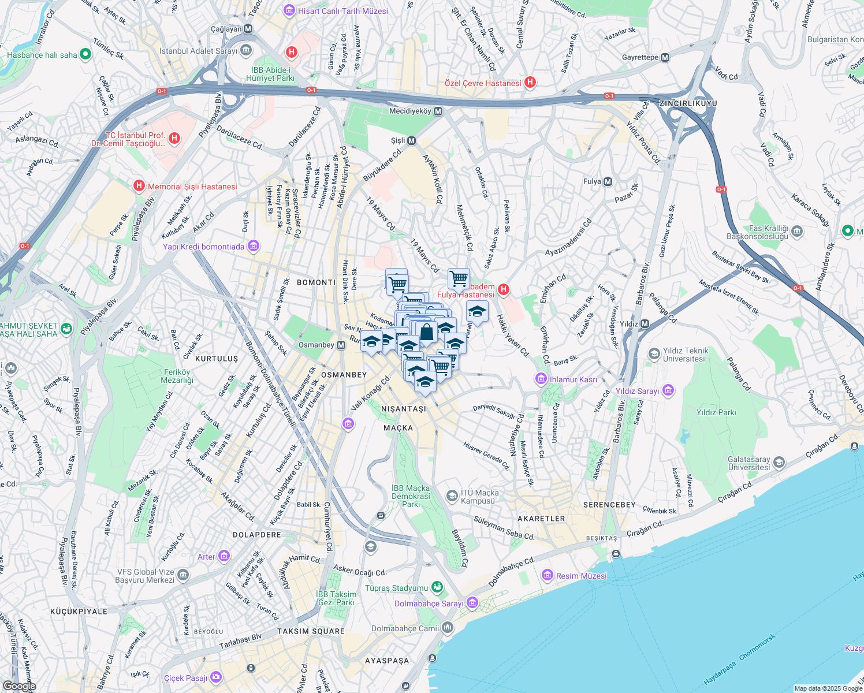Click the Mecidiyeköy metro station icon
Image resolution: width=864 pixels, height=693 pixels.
tap(438, 111)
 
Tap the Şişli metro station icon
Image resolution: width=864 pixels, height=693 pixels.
tap(412, 140)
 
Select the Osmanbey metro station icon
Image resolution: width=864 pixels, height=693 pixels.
tap(341, 345)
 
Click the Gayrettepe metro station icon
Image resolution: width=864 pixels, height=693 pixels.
tap(665, 57)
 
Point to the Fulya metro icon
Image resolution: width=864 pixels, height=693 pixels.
tap(608, 181)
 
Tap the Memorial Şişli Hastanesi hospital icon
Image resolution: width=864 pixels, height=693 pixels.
tap(139, 186)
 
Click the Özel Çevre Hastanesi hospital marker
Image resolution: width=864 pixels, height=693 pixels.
tap(530, 83)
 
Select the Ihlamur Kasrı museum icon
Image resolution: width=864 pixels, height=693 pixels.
tap(541, 379)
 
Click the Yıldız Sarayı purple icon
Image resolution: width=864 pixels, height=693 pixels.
tap(668, 390)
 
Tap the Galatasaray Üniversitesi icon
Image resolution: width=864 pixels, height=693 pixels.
tap(779, 462)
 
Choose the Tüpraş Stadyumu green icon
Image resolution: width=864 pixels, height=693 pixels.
tap(437, 587)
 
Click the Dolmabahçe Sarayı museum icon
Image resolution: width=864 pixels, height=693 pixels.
tap(472, 603)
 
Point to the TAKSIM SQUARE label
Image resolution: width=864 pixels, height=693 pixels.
tap(311, 631)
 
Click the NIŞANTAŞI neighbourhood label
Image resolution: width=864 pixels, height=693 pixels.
tap(404, 409)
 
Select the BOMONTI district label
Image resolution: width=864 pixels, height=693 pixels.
tap(316, 282)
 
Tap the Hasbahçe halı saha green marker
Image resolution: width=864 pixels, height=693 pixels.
tap(85, 54)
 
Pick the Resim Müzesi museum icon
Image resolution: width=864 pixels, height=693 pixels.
tap(548, 575)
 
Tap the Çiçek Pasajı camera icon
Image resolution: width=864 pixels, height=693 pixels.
tap(216, 677)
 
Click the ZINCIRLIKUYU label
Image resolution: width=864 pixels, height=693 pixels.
tap(688, 103)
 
